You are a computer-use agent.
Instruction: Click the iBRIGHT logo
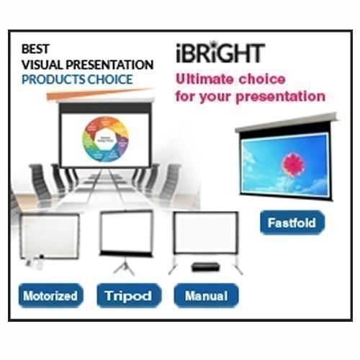(220, 53)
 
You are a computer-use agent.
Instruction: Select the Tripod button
(128, 294)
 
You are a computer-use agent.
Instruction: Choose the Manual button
(206, 294)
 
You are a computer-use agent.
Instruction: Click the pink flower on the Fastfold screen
(292, 163)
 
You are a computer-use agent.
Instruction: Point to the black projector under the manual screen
(205, 266)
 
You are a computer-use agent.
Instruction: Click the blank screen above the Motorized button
(49, 235)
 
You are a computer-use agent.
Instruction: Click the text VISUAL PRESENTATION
(87, 65)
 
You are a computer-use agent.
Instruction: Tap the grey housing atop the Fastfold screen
(286, 123)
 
